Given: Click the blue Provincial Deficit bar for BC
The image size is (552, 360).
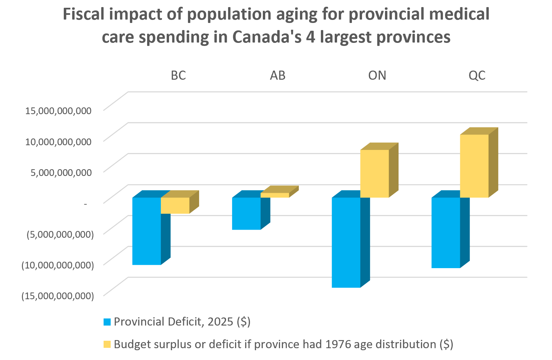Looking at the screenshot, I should pyautogui.click(x=146, y=231).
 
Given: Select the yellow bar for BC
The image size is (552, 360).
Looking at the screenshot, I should pyautogui.click(x=175, y=205).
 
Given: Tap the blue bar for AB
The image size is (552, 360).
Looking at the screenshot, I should pyautogui.click(x=246, y=213).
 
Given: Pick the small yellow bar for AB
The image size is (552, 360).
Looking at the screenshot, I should pyautogui.click(x=275, y=195).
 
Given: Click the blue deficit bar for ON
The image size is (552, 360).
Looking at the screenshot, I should pyautogui.click(x=346, y=242).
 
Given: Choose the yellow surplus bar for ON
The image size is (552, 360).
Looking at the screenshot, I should pyautogui.click(x=375, y=174).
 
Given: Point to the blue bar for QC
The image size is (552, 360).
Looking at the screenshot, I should pyautogui.click(x=446, y=233).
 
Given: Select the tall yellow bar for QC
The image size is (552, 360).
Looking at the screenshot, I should pyautogui.click(x=474, y=166).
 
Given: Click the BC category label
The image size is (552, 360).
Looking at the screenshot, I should pyautogui.click(x=178, y=75).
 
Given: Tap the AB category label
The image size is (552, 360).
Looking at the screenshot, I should pyautogui.click(x=278, y=75).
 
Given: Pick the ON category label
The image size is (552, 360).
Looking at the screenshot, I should pyautogui.click(x=377, y=75).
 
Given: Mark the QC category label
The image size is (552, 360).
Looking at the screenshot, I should pyautogui.click(x=477, y=75).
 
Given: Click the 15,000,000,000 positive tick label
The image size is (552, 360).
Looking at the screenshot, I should pyautogui.click(x=58, y=110).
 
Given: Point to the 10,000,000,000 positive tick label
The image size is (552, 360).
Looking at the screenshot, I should pyautogui.click(x=58, y=142).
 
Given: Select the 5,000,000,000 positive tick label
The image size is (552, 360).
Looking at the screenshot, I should pyautogui.click(x=61, y=173).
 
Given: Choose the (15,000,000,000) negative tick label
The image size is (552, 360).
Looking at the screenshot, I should pyautogui.click(x=58, y=296).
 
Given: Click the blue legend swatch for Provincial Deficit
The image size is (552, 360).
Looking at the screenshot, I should pyautogui.click(x=107, y=322).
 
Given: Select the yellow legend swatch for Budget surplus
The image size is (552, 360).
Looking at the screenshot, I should pyautogui.click(x=107, y=344).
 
